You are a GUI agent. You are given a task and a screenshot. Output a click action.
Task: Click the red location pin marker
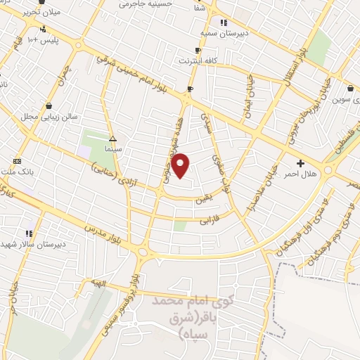click(181, 165)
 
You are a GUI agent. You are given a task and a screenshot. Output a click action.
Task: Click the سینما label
click(112, 150)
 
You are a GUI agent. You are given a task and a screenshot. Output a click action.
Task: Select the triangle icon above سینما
click(112, 139)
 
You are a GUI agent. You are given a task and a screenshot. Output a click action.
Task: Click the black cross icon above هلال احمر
click(301, 162)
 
